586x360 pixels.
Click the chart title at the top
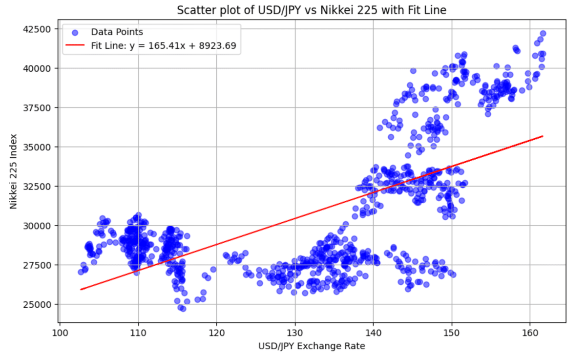coord(313,10)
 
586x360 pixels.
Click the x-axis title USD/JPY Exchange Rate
coord(313,346)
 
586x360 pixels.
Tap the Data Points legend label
coord(117,32)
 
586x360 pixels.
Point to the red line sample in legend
coord(74,46)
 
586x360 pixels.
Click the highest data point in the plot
coord(543,33)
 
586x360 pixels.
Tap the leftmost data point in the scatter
coord(81,272)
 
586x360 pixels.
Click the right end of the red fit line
coord(543,136)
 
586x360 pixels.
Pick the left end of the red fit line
coord(81,289)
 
